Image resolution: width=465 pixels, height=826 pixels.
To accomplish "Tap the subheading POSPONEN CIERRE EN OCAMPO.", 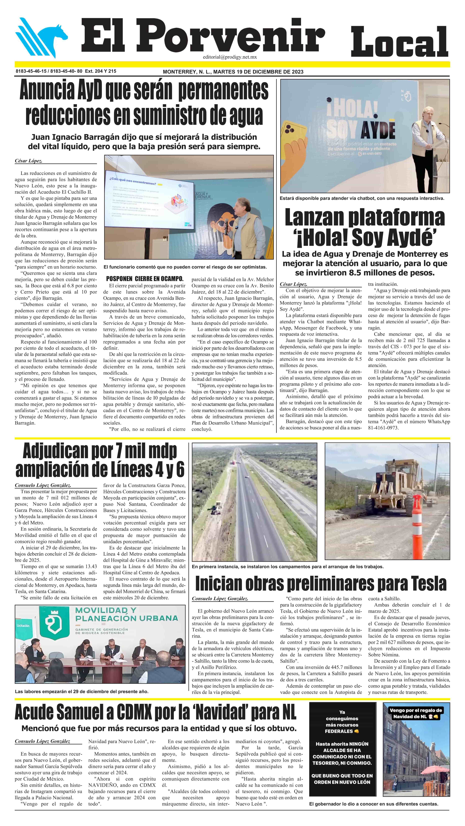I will pos(145,279).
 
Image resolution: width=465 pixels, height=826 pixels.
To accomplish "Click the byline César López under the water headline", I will pos(28,161).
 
